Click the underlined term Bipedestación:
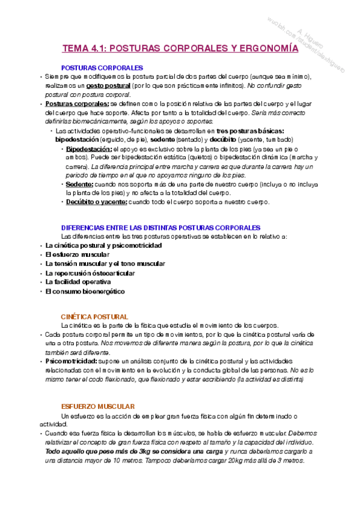[89, 149]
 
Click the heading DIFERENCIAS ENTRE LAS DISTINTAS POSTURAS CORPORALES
[161, 227]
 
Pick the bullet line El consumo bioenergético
[85, 291]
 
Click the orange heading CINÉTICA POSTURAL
[94, 316]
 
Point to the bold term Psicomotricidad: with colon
[70, 361]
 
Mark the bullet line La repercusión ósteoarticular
[90, 272]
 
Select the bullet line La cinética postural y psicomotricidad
[103, 245]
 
